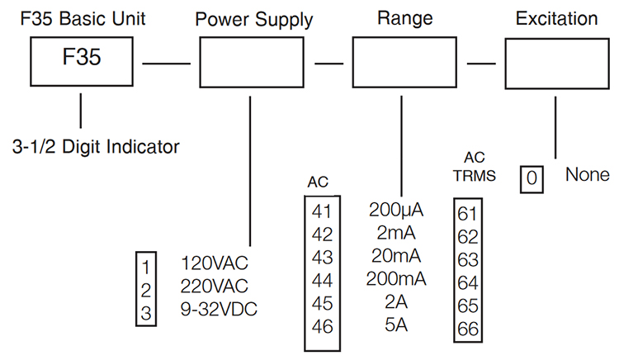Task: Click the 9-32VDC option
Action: (x=220, y=310)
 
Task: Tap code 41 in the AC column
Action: (x=322, y=211)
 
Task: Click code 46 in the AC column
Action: (x=322, y=326)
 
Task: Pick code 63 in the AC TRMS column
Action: (x=467, y=260)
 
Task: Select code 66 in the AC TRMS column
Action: (x=467, y=329)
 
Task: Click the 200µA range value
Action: (x=396, y=209)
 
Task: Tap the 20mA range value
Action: (x=396, y=255)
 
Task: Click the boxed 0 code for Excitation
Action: (x=532, y=178)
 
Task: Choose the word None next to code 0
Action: (x=588, y=175)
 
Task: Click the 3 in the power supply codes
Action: (x=145, y=313)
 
